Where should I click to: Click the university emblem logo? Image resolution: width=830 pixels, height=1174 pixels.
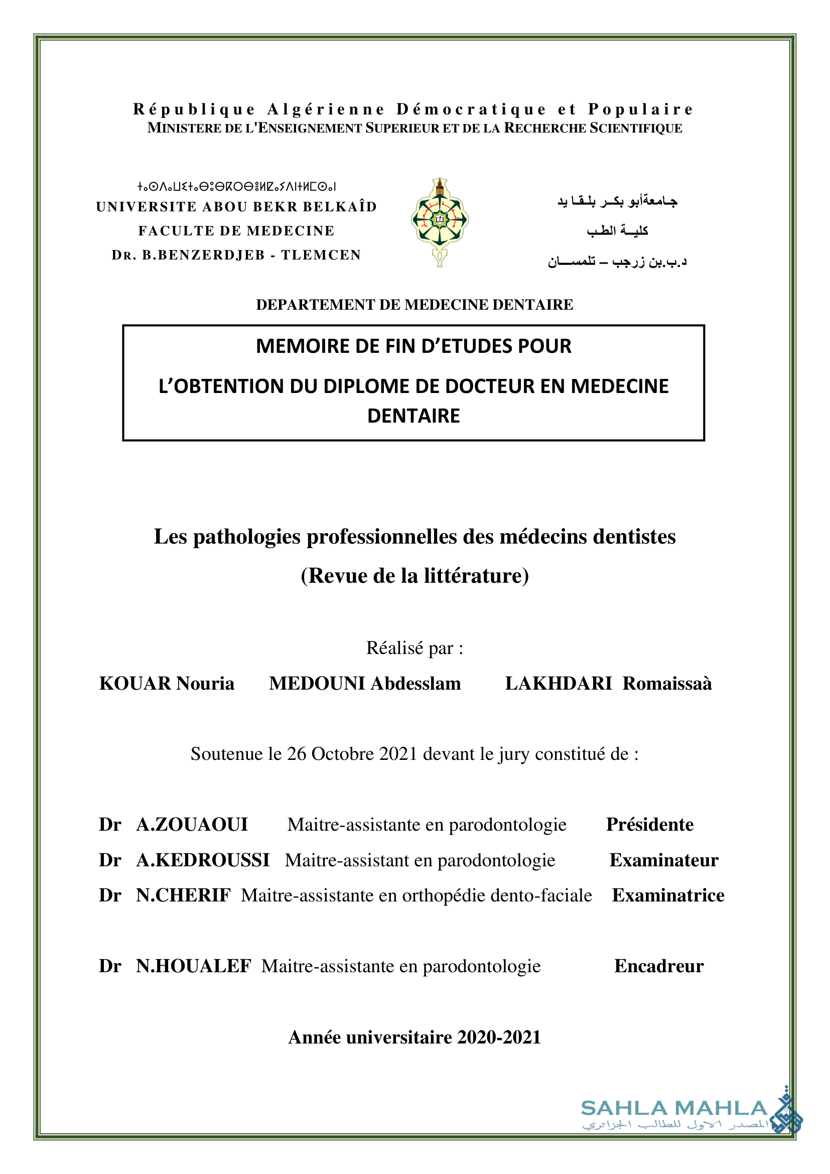pyautogui.click(x=440, y=222)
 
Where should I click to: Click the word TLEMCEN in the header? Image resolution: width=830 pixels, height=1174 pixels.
pyautogui.click(x=321, y=255)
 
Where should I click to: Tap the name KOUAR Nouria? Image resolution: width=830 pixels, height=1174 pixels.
pyautogui.click(x=167, y=684)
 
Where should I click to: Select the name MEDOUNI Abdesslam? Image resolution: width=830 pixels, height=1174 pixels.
pyautogui.click(x=365, y=684)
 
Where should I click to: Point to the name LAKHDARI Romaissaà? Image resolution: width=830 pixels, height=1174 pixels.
pyautogui.click(x=608, y=684)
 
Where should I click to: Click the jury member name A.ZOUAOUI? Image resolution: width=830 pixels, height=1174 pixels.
pyautogui.click(x=192, y=825)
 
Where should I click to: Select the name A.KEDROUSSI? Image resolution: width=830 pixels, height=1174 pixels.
pyautogui.click(x=202, y=860)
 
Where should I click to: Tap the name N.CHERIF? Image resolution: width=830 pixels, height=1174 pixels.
pyautogui.click(x=183, y=895)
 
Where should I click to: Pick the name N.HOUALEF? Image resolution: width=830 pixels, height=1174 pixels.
pyautogui.click(x=193, y=966)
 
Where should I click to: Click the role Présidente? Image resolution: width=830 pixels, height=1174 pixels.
pyautogui.click(x=649, y=825)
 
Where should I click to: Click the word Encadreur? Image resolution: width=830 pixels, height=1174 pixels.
pyautogui.click(x=659, y=966)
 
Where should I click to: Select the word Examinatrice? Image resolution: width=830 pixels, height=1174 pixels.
pyautogui.click(x=668, y=895)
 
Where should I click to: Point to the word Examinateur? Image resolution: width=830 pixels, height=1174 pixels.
pyautogui.click(x=664, y=860)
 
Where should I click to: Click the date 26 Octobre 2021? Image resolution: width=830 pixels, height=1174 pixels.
pyautogui.click(x=352, y=754)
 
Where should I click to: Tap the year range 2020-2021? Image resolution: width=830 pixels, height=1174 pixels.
pyautogui.click(x=499, y=1037)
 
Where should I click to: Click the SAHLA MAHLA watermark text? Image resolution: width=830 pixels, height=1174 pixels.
pyautogui.click(x=673, y=1108)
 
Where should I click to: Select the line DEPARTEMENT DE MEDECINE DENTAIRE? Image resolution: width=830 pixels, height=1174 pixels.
pyautogui.click(x=414, y=305)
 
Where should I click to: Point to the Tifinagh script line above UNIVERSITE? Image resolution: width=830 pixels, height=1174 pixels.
pyautogui.click(x=236, y=187)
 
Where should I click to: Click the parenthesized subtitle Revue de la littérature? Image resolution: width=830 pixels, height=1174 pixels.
pyautogui.click(x=414, y=576)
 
